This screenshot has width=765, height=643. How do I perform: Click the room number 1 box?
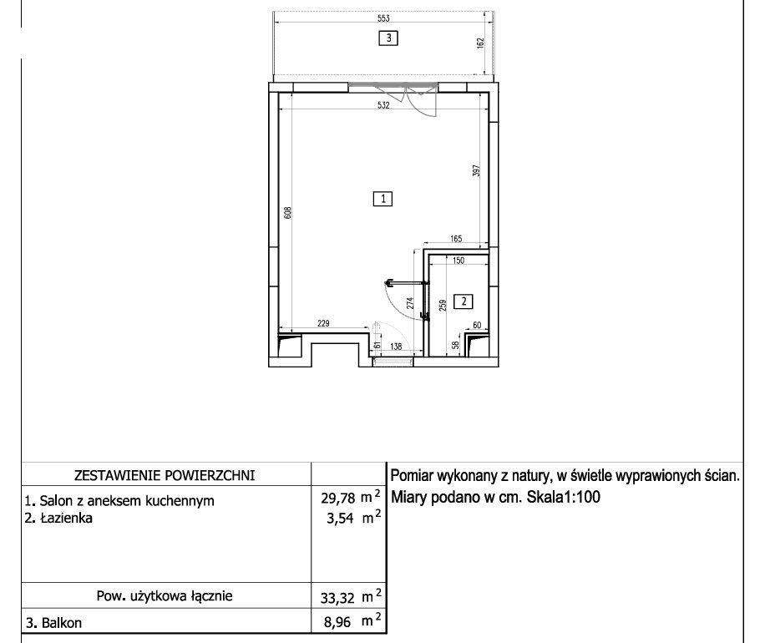point(383,199)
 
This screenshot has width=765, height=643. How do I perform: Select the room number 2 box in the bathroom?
point(464,301)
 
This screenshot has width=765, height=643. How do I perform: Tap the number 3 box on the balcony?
point(388,38)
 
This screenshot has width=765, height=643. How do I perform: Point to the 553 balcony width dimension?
point(383,18)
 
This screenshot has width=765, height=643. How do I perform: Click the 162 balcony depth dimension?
point(480,43)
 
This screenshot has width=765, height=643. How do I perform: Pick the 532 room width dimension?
point(383,105)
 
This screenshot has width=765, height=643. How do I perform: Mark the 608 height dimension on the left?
point(288,213)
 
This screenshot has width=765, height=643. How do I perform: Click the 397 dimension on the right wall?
point(477,170)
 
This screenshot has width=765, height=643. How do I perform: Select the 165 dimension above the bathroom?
point(456,239)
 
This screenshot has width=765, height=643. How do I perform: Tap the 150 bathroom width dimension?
point(458,261)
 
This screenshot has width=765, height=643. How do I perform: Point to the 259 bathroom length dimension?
point(443,306)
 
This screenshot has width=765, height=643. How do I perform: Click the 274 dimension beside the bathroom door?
point(410,303)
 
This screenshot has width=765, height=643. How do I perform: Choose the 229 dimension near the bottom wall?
point(323,323)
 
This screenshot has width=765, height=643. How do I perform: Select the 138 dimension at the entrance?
point(396,347)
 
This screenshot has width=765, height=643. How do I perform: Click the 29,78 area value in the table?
point(338,498)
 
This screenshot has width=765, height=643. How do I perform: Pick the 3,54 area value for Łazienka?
point(340,518)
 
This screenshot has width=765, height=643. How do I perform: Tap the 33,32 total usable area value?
point(337,598)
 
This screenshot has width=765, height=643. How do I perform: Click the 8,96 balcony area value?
point(337,622)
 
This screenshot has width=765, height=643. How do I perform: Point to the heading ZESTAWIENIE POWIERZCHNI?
point(165,476)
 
